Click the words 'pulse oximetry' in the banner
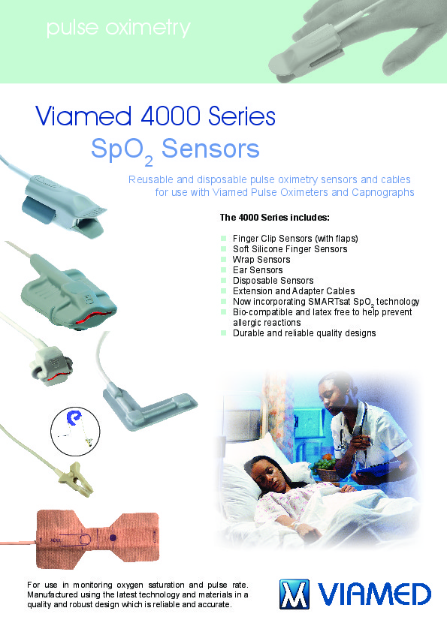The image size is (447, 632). (x=118, y=29)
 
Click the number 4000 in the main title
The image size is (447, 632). (x=171, y=116)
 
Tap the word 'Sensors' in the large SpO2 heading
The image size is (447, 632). (x=210, y=149)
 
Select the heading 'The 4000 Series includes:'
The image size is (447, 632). (x=274, y=218)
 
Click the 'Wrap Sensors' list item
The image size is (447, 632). (x=261, y=260)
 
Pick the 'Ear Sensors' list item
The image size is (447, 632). (x=258, y=270)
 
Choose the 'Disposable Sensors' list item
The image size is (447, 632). (x=273, y=281)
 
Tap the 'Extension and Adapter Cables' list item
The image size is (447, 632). (x=294, y=291)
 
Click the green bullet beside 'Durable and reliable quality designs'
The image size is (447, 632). (x=224, y=333)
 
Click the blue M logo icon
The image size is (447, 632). (x=294, y=594)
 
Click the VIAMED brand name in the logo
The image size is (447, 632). (x=374, y=594)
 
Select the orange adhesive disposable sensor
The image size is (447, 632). (x=97, y=539)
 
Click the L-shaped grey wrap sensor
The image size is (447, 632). (x=150, y=408)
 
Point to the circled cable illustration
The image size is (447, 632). (x=75, y=432)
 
